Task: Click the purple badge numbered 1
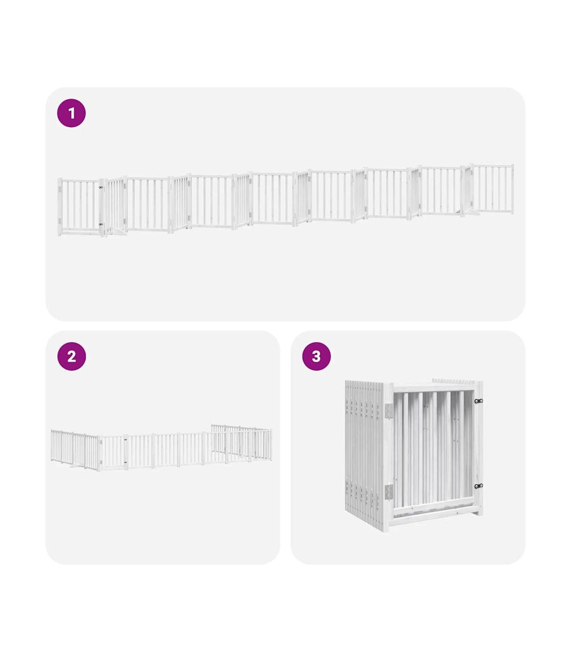tap(71, 113)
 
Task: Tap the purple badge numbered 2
tap(71, 356)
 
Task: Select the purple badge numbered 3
tap(316, 356)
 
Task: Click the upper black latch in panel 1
tap(101, 188)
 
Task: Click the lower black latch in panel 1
tap(101, 224)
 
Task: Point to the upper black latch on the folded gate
tap(479, 401)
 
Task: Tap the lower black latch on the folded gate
tap(479, 486)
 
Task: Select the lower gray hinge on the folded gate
tap(389, 492)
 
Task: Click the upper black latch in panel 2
tap(125, 440)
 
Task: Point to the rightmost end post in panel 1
tap(512, 189)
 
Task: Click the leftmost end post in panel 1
tap(59, 207)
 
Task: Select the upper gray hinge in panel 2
tap(101, 442)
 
